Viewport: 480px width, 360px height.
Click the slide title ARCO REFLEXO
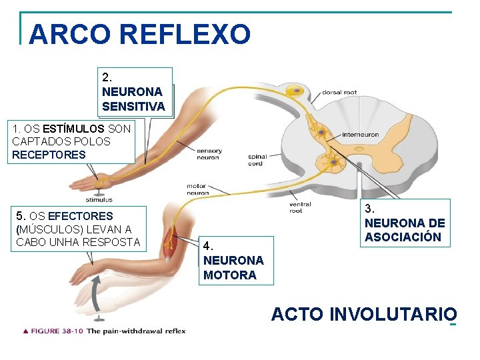pyautogui.click(x=140, y=33)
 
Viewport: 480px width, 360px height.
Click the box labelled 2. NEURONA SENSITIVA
pyautogui.click(x=133, y=91)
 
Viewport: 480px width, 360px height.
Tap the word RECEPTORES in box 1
pyautogui.click(x=49, y=155)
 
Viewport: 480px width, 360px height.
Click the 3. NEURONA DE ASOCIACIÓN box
pyautogui.click(x=405, y=223)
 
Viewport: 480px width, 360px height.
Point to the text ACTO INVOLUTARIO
pyautogui.click(x=363, y=314)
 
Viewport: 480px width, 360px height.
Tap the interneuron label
pyautogui.click(x=360, y=135)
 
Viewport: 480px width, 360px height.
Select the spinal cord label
pyautogui.click(x=257, y=161)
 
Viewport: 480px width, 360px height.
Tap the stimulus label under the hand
pyautogui.click(x=99, y=199)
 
